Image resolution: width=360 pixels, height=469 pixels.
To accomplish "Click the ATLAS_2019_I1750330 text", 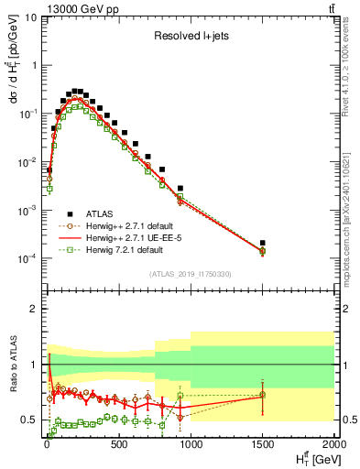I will tap(190, 273).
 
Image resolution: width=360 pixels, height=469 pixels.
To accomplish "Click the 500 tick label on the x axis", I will tap(117, 447).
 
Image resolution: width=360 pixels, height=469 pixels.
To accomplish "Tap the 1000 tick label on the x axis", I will tap(190, 447).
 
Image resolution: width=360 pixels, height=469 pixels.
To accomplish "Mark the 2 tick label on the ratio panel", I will tap(34, 309).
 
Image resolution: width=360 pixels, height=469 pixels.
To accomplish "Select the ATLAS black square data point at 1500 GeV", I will tap(262, 243).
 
